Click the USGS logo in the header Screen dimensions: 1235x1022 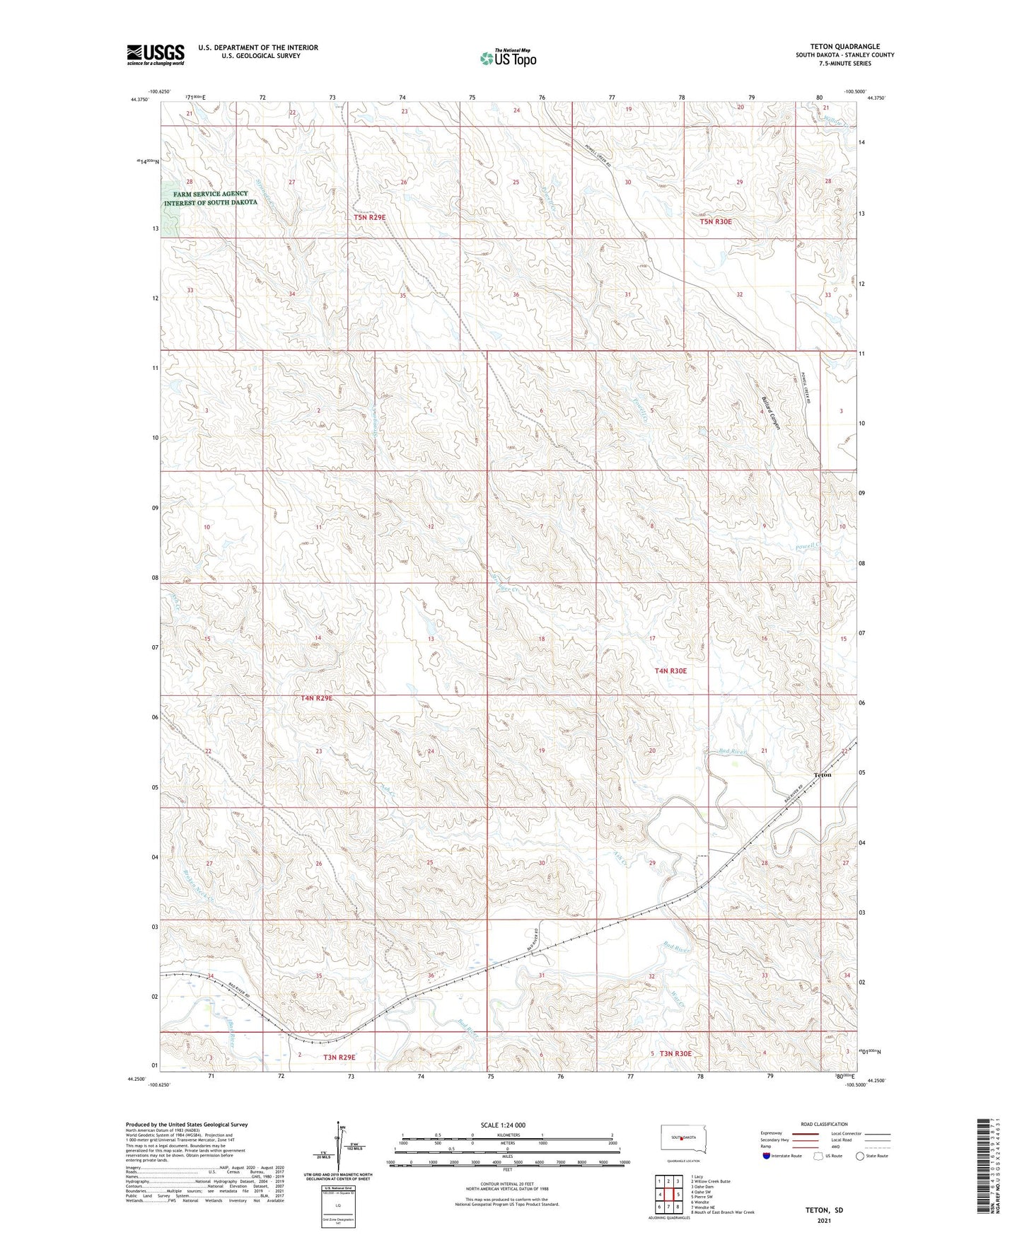pyautogui.click(x=155, y=54)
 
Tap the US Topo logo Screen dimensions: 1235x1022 pyautogui.click(x=508, y=58)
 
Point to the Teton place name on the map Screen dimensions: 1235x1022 pyautogui.click(x=823, y=775)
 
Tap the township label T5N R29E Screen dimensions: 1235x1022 pyautogui.click(x=369, y=217)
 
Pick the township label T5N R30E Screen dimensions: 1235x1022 pyautogui.click(x=715, y=221)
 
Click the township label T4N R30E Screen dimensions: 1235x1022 pyautogui.click(x=670, y=671)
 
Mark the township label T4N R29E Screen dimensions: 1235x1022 pyautogui.click(x=316, y=698)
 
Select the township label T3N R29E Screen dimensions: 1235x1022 pyautogui.click(x=339, y=1057)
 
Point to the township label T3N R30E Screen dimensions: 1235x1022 pyautogui.click(x=675, y=1054)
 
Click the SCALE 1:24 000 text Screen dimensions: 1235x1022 pyautogui.click(x=503, y=1125)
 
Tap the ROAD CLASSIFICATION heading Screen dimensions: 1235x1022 pyautogui.click(x=824, y=1124)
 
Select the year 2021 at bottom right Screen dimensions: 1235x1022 pyautogui.click(x=823, y=1220)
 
